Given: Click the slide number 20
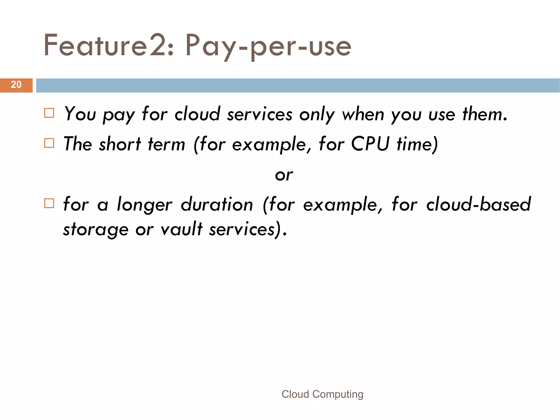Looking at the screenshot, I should pos(16,85).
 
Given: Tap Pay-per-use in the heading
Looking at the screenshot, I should pos(268,46).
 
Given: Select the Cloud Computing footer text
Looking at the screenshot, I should pos(322,394).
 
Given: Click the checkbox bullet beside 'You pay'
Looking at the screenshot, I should pos(49,113).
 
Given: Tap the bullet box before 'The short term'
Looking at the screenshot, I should pos(49,143).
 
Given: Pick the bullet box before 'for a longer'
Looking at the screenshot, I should pos(49,203).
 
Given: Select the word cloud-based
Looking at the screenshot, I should pos(478,204).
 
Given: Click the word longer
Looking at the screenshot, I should pos(145,205).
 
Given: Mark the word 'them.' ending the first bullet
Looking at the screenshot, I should pos(485,114).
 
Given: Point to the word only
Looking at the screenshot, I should pos(317,114).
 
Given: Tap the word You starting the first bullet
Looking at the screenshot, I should pos(80,114).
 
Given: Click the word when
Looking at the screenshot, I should pos(363,114).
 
